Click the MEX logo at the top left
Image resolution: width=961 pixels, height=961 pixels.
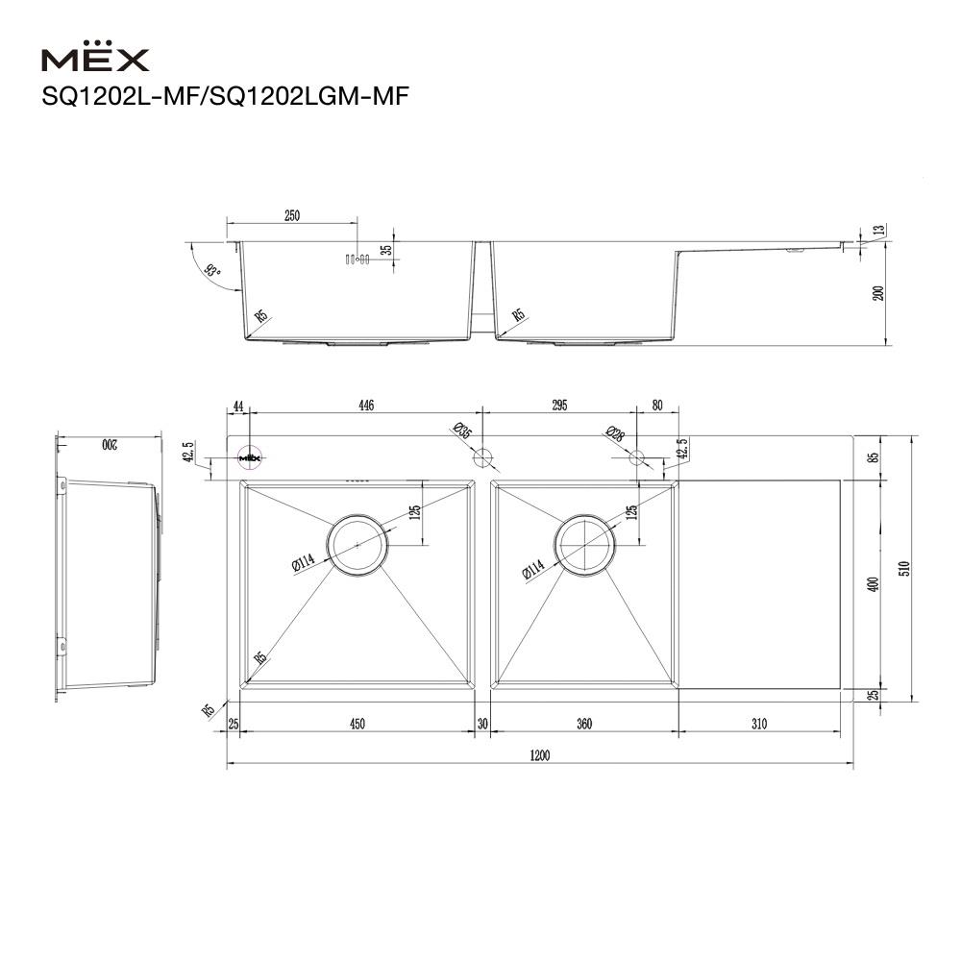95,61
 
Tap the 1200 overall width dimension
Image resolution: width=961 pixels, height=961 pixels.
539,756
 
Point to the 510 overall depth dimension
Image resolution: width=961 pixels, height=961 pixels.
901,567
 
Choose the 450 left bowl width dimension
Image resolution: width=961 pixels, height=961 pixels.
357,725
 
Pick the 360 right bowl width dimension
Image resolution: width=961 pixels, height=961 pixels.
583,725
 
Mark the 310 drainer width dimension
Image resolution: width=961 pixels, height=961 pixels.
759,725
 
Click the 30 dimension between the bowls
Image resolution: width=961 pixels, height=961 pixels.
482,725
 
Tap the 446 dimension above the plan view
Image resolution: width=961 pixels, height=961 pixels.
366,406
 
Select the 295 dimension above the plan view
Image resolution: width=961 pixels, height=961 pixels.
559,406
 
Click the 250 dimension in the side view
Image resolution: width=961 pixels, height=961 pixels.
292,215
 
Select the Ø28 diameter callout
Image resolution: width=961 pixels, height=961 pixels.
615,434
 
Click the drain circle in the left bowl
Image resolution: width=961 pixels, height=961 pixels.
357,544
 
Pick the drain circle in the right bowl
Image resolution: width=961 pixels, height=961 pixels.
583,544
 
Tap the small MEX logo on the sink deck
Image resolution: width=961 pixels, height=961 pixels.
250,457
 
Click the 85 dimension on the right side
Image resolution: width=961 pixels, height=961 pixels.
873,457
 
